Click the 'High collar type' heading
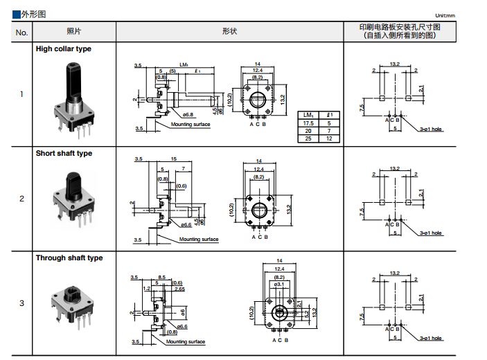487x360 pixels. click(63, 49)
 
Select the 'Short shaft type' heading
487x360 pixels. click(64, 154)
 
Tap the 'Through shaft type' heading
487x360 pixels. click(69, 258)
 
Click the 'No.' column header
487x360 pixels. click(21, 32)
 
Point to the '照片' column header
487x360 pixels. click(73, 32)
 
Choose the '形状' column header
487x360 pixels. click(230, 32)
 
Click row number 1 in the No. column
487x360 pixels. click(21, 94)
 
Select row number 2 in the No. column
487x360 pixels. click(21, 199)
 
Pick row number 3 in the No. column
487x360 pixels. click(21, 303)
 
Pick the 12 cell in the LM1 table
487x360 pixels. click(330, 138)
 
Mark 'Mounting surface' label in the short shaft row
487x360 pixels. click(199, 240)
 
